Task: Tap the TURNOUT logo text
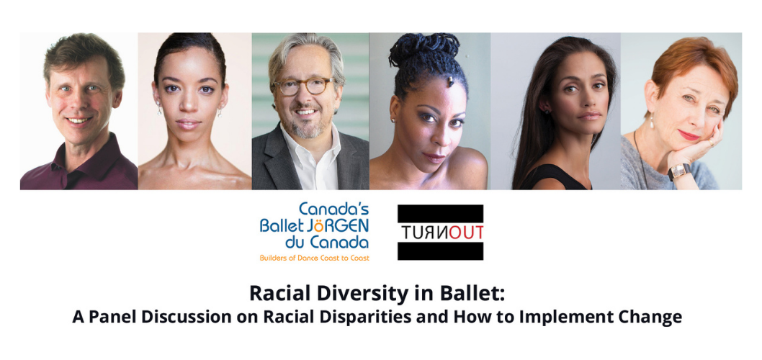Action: point(440,233)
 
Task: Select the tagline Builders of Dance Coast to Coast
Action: point(315,258)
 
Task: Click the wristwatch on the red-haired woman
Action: point(678,171)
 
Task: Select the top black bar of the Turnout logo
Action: point(440,213)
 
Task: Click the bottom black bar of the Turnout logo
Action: point(440,251)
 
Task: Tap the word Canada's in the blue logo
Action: point(334,210)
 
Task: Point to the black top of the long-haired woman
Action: point(559,177)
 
